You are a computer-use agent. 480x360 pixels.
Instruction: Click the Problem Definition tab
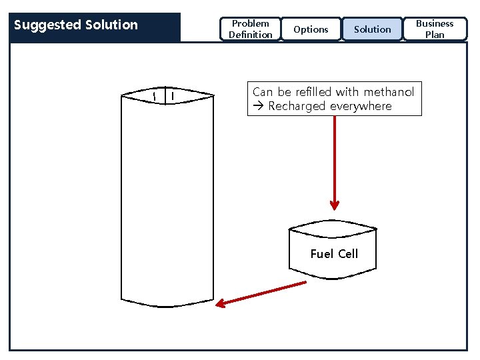pos(250,29)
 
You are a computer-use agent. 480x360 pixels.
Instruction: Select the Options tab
pos(311,29)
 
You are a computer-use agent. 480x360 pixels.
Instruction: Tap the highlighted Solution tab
pos(372,29)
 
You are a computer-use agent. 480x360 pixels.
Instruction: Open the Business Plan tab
pos(435,29)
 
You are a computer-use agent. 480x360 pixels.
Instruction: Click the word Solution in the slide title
pos(111,25)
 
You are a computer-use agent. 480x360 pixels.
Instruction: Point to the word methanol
pos(389,92)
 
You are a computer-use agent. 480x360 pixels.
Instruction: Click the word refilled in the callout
pos(313,92)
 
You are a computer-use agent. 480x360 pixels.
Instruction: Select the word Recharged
pos(297,107)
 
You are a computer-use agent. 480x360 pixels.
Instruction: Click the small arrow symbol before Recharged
pos(259,107)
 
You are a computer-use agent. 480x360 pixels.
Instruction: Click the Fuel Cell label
pos(334,254)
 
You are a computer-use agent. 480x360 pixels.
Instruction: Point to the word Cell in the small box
pos(348,254)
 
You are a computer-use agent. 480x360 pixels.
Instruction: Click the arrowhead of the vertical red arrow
pos(334,205)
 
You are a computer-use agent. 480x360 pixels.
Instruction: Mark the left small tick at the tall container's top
pos(154,97)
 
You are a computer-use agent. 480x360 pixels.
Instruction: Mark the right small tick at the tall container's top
pos(173,97)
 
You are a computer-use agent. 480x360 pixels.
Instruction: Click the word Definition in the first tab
pos(250,35)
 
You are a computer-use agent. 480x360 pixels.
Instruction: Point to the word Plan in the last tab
pos(435,35)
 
